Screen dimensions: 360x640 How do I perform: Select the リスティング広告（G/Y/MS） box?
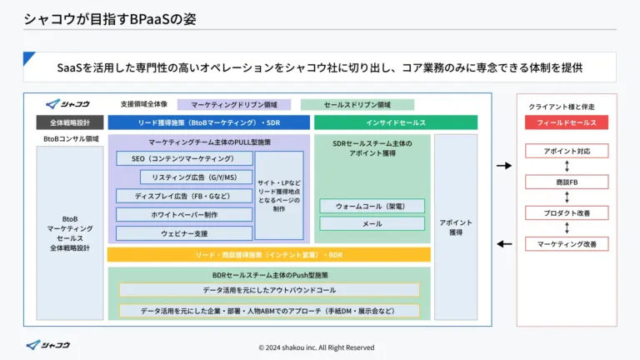point(197,177)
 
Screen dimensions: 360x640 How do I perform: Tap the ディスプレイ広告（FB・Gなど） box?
point(183,196)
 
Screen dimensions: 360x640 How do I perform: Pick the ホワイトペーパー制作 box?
point(183,214)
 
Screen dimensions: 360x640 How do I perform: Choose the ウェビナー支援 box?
point(183,233)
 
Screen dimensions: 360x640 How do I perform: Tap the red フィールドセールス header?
point(566,122)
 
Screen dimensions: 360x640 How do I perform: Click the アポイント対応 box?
point(566,151)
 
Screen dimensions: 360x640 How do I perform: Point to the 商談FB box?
point(566,182)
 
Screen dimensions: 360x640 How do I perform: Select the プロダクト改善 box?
point(566,212)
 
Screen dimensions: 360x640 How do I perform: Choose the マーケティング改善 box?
point(566,243)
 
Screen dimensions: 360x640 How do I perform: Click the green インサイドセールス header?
point(395,122)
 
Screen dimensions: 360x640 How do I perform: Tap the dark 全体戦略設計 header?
point(70,122)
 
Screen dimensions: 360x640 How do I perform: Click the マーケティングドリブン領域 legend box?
point(233,105)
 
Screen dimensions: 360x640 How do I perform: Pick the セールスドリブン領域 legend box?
point(357,105)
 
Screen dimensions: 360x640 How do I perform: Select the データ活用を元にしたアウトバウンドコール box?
point(269,290)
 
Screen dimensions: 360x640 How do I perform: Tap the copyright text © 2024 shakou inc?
point(316,347)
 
